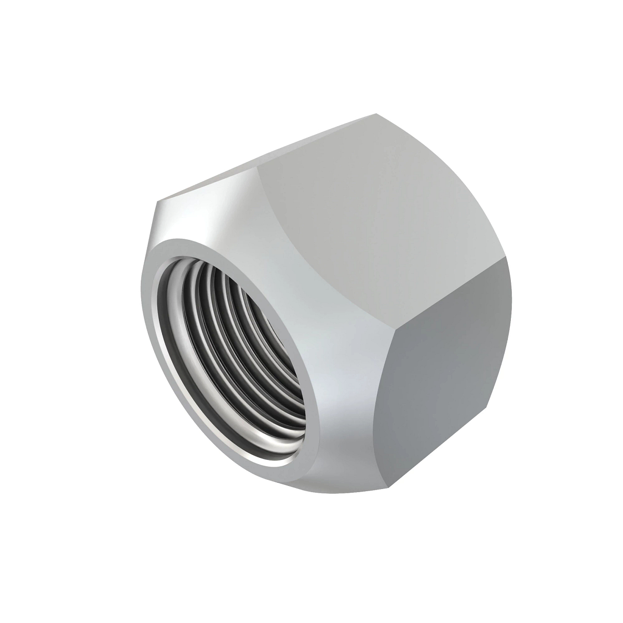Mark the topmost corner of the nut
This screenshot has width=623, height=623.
coord(377,113)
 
